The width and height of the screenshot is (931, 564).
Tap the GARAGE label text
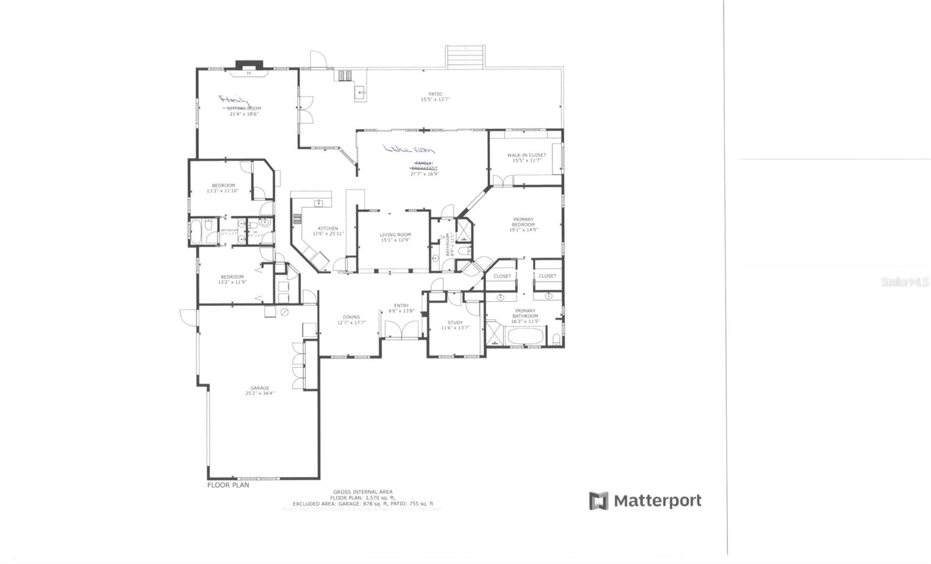coord(260,388)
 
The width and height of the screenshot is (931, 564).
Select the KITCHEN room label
coord(328,229)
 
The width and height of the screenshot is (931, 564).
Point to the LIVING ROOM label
coord(396,235)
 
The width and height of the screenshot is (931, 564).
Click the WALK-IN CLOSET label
coord(526,155)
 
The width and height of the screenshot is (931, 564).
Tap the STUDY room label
coord(455,323)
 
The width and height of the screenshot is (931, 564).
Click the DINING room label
coord(351,317)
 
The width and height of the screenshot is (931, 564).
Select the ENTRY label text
coord(401,306)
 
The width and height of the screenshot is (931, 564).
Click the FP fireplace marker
coord(249,73)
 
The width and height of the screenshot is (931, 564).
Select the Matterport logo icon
coord(598,501)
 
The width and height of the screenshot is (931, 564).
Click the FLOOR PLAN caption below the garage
coord(228,484)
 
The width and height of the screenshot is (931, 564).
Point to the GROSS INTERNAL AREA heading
coord(363,492)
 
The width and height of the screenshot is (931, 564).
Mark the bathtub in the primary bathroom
coord(526,337)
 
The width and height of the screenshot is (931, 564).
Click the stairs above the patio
coord(465,56)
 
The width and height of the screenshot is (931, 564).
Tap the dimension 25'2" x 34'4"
coord(260,394)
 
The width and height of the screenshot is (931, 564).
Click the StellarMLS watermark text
coord(905,282)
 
